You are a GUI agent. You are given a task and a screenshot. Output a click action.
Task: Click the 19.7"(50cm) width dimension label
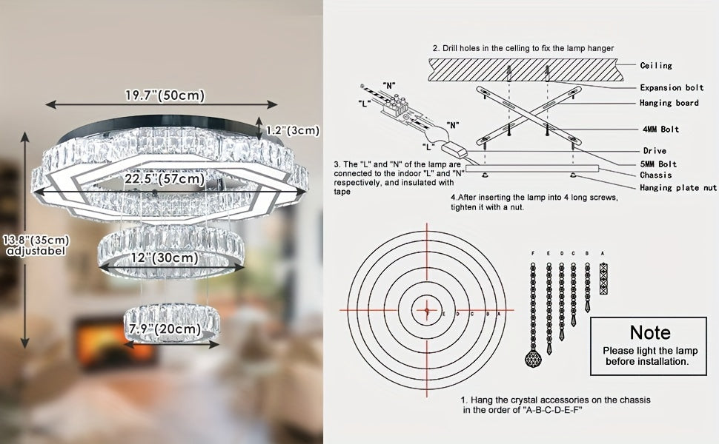coord(165,95)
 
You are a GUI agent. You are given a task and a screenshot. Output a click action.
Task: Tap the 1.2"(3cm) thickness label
coord(293,130)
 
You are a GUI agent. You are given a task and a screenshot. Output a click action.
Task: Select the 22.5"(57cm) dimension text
coord(165,178)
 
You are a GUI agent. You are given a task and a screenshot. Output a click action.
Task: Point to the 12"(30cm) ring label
coord(165,258)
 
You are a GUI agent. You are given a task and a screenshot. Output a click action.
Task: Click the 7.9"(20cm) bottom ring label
coord(165,329)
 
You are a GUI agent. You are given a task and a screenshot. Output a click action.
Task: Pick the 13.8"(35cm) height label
coord(36,240)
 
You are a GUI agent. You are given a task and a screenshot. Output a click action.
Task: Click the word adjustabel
coord(36,251)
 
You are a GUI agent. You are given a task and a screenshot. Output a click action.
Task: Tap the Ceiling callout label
coord(656,65)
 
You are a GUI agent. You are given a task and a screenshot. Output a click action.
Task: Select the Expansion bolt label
coord(672,87)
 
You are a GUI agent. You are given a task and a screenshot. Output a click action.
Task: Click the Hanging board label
coord(669,103)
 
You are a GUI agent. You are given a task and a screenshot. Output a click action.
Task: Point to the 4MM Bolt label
coord(660,129)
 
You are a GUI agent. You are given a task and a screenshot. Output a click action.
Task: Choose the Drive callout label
coord(655,151)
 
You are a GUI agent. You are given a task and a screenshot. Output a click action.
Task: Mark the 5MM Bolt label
coord(658,164)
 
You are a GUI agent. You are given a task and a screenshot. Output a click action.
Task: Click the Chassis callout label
coord(656,175)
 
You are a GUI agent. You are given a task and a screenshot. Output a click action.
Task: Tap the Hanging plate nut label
coord(678,187)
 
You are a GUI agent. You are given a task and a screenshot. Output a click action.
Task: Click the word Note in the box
coord(650,332)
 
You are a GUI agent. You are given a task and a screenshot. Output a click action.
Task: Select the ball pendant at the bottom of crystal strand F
coord(533,357)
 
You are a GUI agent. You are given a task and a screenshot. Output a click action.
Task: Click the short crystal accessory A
coord(603,278)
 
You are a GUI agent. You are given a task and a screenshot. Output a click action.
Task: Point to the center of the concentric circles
coord(427,310)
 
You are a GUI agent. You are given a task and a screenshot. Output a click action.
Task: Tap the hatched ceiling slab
coord(526,70)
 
